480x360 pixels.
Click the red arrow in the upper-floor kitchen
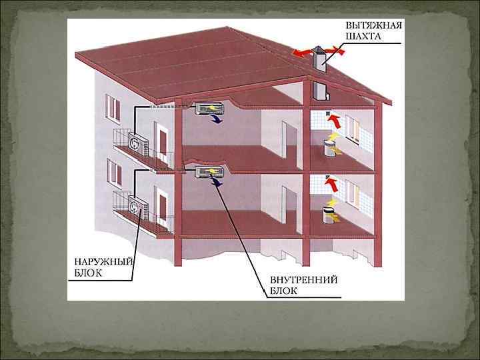click(334, 121)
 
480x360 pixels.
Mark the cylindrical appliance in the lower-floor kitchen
click(329, 214)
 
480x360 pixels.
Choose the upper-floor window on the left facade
click(112, 109)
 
